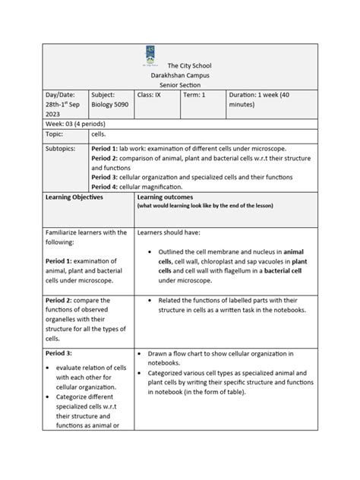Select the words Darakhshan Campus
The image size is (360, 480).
[x=179, y=77]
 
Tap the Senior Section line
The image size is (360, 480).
[x=179, y=87]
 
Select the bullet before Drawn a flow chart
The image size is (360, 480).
[x=142, y=354]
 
